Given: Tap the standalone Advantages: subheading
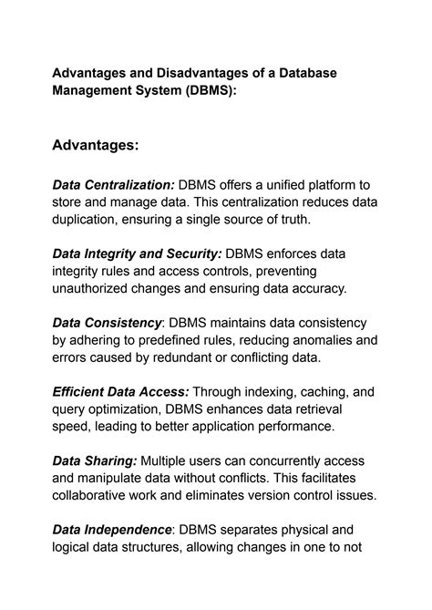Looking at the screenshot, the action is (x=96, y=145).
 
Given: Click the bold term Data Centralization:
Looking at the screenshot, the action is (x=114, y=186).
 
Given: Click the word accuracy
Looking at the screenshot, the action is (x=315, y=289).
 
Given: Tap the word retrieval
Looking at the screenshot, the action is (x=314, y=408).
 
